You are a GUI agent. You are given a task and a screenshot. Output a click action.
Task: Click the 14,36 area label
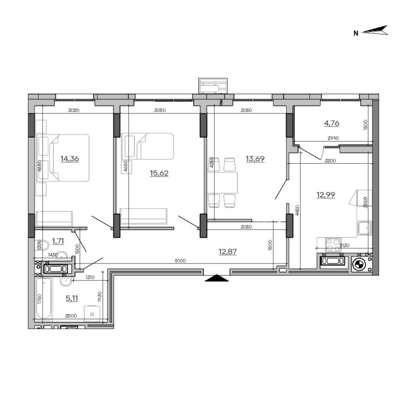(69, 158)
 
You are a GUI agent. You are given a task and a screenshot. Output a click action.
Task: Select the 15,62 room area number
(159, 173)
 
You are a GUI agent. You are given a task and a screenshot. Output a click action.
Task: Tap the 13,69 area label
(255, 158)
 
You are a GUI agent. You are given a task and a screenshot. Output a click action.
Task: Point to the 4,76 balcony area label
(331, 123)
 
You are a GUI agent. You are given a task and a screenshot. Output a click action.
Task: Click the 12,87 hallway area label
(227, 251)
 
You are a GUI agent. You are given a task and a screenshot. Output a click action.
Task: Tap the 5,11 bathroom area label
(72, 298)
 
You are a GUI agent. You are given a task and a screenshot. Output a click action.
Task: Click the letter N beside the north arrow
(356, 33)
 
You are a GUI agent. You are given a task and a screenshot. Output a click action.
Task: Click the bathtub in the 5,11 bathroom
(43, 299)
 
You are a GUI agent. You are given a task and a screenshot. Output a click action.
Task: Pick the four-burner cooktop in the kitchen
(333, 244)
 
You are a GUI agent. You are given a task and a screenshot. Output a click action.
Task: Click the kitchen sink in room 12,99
(364, 229)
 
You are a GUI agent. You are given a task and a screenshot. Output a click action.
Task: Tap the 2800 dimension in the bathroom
(69, 316)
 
